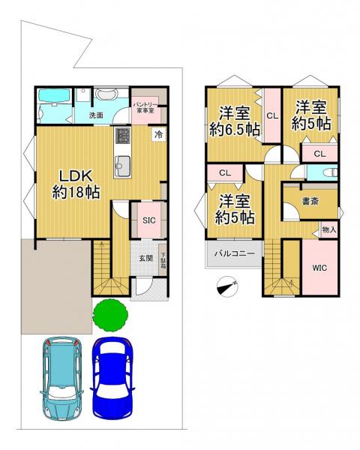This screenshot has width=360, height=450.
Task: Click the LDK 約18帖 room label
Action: point(76,184)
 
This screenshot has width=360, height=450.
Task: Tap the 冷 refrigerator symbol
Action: point(158,134)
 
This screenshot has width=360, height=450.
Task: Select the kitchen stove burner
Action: point(122,136)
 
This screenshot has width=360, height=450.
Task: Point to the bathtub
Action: point(55,95)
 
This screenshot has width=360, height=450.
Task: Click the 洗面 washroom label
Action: point(96,115)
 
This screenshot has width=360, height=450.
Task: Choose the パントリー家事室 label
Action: point(145,107)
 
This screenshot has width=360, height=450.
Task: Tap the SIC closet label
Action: point(149,220)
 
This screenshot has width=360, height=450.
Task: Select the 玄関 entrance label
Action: point(145,258)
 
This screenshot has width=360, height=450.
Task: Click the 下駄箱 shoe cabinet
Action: point(163,259)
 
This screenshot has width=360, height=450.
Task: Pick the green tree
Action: point(110,315)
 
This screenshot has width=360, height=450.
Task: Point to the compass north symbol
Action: point(228,287)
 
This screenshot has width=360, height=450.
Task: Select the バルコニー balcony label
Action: point(235,253)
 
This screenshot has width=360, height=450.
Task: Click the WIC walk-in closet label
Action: point(319,268)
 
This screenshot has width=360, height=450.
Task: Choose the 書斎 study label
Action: point(310,201)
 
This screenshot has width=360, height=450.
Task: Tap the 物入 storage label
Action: point(329,229)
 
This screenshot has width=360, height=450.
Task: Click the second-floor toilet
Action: point(330,172)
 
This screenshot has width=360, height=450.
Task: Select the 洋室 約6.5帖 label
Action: point(235,121)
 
